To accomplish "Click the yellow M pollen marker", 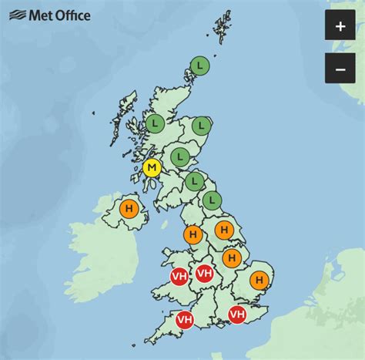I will coord(152,168).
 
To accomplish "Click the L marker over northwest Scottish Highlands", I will coord(155,123).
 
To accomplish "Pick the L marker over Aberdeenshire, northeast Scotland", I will coord(202,125).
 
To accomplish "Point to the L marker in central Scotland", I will coord(180,156).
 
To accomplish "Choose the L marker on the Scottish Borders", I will coord(195,182).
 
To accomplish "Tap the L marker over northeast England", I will coord(211,202).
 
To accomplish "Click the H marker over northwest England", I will coord(193,234).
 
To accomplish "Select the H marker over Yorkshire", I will coord(224,230).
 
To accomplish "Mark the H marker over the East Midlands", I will coord(231,258).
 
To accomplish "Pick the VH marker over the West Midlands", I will coord(205,273).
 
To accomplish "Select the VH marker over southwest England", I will coord(185,319).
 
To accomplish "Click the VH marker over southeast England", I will coord(237,314).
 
